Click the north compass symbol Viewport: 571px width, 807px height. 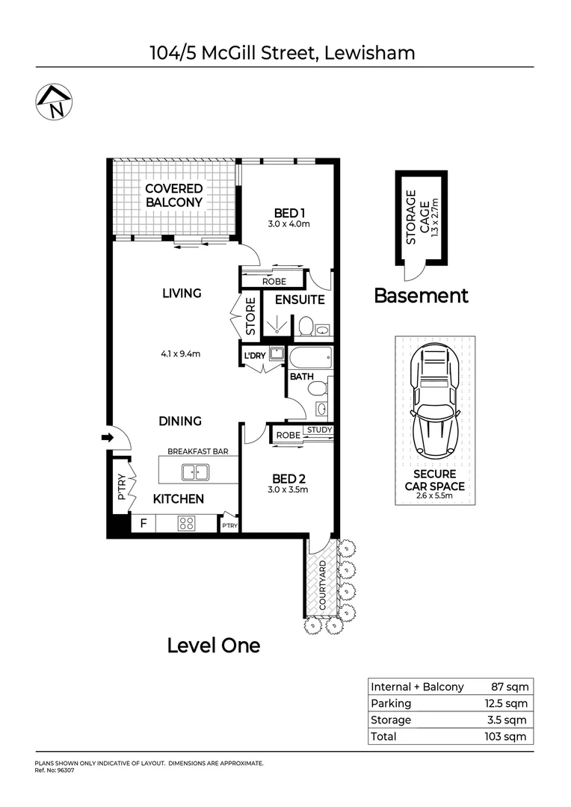coord(53,102)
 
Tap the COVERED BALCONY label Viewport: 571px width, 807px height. coord(173,195)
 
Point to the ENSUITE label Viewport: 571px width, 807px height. coord(300,300)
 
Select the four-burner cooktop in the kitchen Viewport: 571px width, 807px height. coord(186,524)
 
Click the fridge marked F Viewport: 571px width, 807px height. coord(142,524)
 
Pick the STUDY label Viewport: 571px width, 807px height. coord(318,430)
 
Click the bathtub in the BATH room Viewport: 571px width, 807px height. coord(309,356)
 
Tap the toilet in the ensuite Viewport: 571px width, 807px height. coord(305,326)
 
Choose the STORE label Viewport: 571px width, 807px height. coord(251,316)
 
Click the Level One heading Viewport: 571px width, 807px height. coord(213,645)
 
